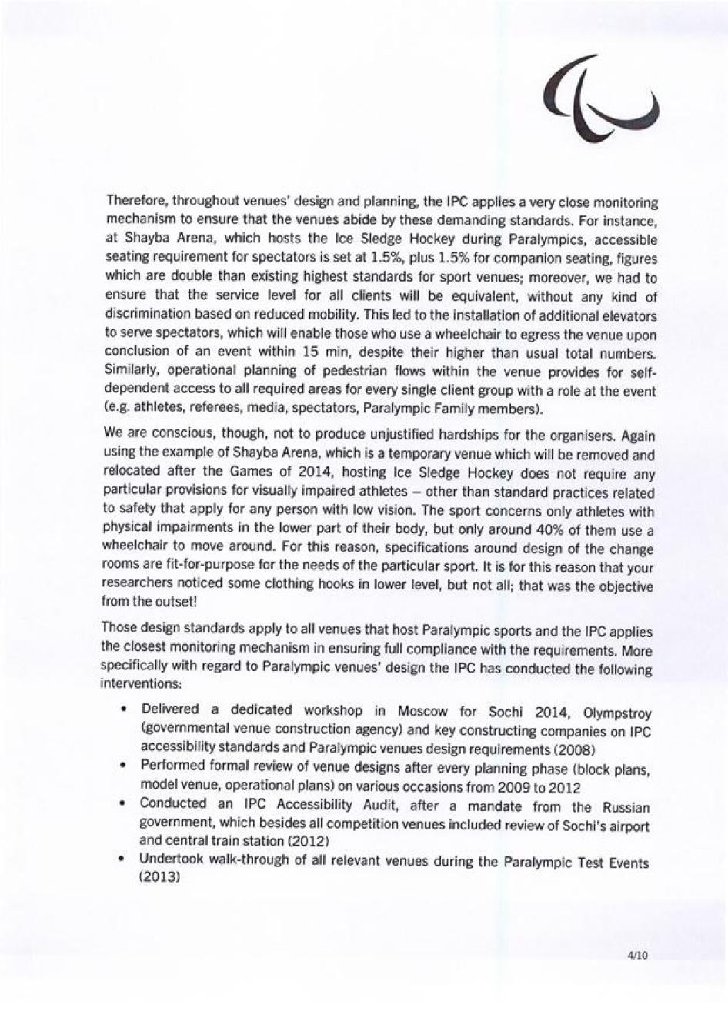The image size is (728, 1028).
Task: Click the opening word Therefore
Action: pos(136,199)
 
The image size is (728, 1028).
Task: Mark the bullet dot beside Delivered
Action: pos(123,709)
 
